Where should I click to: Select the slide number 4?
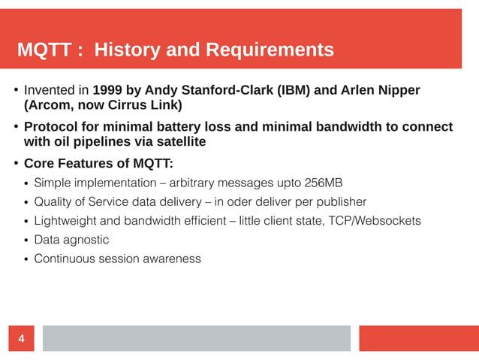21,339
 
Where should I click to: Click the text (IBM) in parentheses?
293,91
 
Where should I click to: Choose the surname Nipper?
396,91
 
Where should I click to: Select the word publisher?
340,201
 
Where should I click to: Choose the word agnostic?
86,240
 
